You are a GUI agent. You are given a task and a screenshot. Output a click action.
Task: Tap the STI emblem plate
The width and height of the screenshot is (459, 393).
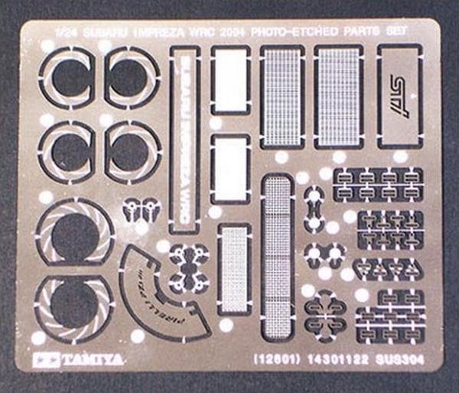[400, 97]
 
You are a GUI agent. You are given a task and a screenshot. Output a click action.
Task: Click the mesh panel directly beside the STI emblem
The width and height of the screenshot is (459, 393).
[338, 96]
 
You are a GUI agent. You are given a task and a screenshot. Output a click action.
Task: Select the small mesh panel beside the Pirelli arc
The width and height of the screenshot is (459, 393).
[234, 269]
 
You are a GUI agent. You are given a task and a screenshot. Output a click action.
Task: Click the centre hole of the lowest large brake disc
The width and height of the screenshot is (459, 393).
[74, 301]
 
